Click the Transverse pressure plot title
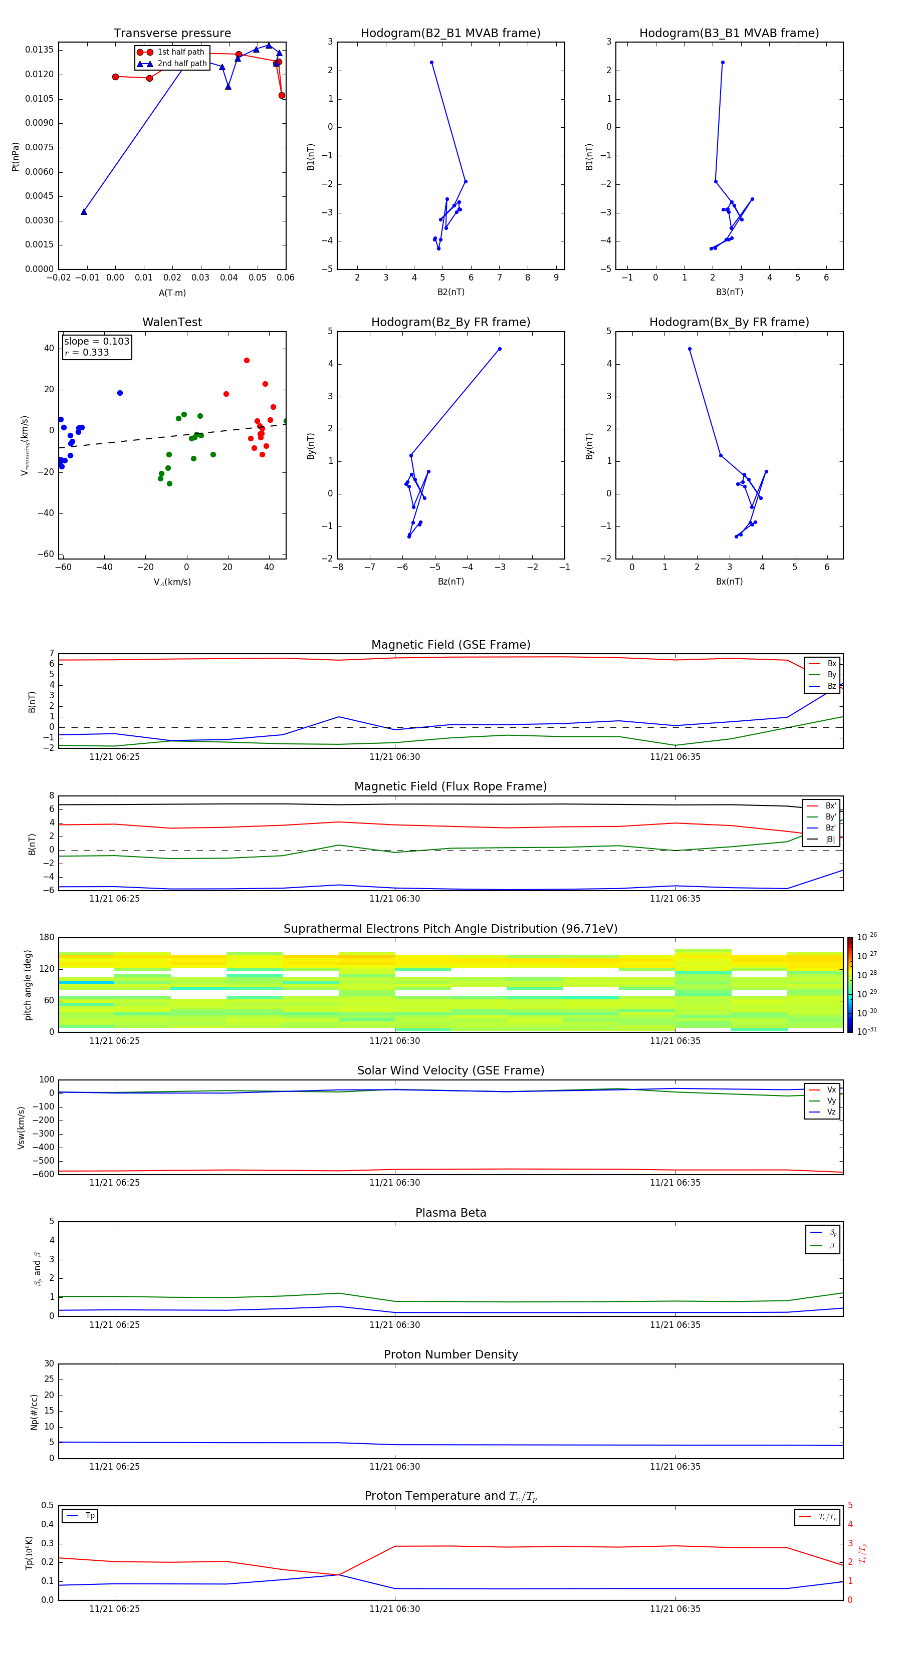point(172,34)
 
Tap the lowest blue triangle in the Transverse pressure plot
point(84,212)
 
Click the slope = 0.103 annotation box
point(97,347)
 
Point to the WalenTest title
point(172,322)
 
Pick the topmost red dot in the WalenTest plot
point(247,361)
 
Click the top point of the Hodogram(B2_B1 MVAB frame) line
point(431,62)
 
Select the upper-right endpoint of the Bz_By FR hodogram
point(500,349)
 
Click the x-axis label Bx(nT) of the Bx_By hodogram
point(729,582)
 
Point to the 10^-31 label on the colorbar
point(867,1030)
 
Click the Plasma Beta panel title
point(450,1213)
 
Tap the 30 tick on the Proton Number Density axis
point(49,1363)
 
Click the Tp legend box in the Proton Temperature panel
point(80,1516)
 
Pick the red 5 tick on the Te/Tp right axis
point(850,1505)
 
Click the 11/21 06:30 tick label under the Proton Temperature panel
point(394,1609)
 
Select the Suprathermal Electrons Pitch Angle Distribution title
point(450,929)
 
